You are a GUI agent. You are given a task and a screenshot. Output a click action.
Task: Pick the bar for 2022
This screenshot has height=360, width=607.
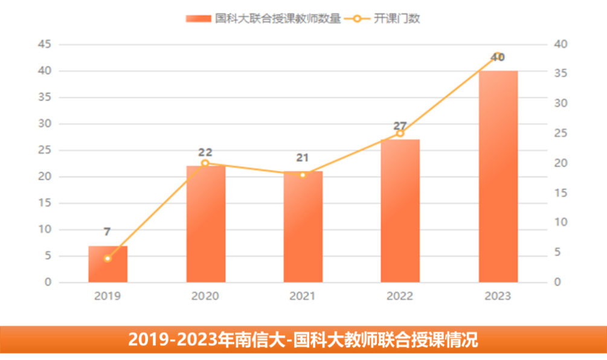pyautogui.click(x=400, y=211)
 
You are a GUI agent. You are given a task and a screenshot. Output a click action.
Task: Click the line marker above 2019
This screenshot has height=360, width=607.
pyautogui.click(x=108, y=259)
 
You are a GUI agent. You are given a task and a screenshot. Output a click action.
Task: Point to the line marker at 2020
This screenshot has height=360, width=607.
pyautogui.click(x=205, y=163)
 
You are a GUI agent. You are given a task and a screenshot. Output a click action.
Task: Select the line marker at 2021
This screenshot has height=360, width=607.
pyautogui.click(x=303, y=175)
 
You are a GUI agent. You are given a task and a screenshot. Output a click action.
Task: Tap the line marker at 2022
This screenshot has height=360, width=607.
pyautogui.click(x=400, y=133)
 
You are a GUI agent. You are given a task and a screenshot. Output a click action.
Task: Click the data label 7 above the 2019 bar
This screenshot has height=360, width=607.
pyautogui.click(x=107, y=232)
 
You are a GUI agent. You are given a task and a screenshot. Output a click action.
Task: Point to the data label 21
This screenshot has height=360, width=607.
pyautogui.click(x=303, y=158)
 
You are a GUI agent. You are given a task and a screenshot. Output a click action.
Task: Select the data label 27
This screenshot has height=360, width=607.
pyautogui.click(x=400, y=126)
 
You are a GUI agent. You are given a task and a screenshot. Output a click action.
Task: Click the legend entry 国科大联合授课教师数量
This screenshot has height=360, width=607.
pyautogui.click(x=264, y=19)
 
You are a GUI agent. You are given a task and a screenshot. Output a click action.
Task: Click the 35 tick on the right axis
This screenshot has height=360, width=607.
pyautogui.click(x=560, y=74)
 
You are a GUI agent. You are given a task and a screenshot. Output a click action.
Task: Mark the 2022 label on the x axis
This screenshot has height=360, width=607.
pyautogui.click(x=400, y=296)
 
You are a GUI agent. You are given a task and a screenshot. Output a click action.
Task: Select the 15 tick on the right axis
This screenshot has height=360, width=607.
pyautogui.click(x=560, y=193)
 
